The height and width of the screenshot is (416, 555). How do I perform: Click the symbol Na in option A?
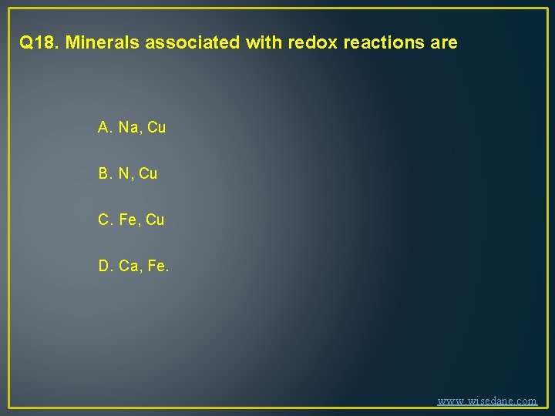pos(129,127)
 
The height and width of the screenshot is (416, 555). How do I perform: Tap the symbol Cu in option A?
pos(156,127)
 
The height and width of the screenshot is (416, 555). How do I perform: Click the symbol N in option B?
pos(125,174)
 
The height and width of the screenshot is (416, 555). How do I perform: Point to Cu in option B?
pos(148,174)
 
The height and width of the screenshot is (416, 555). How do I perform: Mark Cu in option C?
pos(155,220)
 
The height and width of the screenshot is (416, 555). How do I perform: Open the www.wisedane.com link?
pos(487,401)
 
